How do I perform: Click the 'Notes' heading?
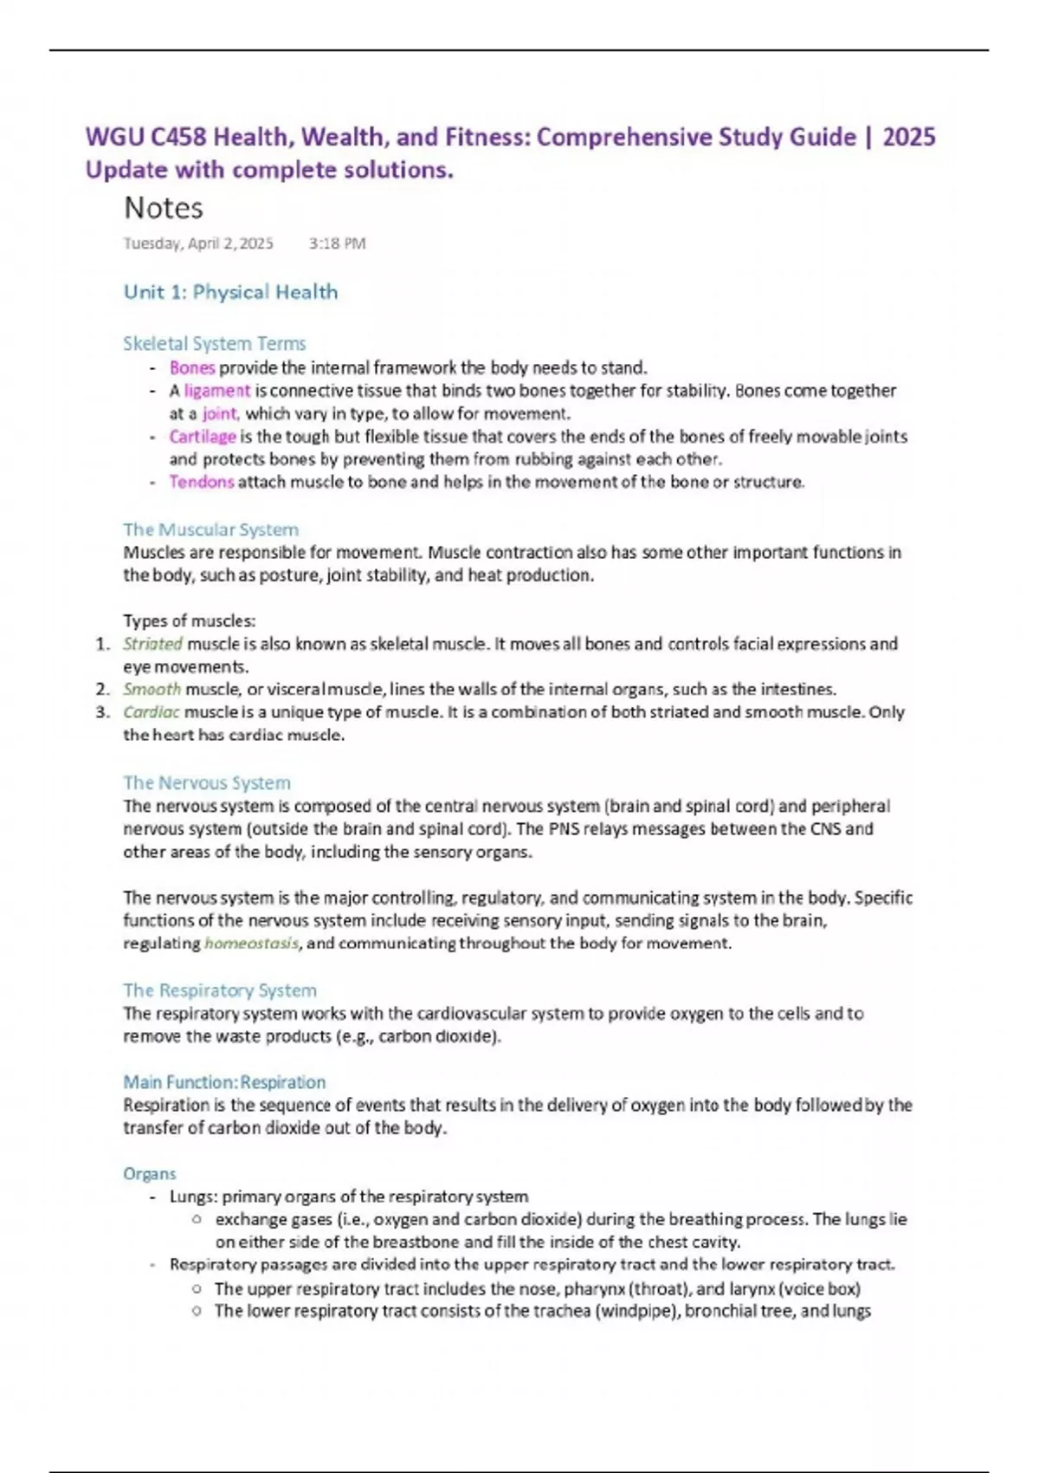click(164, 208)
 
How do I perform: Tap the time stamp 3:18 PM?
click(337, 243)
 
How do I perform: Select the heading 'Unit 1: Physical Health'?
click(230, 292)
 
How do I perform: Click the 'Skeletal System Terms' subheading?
click(214, 343)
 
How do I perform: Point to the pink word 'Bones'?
click(191, 367)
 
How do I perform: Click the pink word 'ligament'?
click(216, 391)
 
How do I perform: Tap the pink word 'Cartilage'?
click(203, 437)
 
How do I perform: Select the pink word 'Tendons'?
click(201, 482)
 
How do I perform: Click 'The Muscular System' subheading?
click(210, 529)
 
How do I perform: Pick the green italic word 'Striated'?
click(152, 644)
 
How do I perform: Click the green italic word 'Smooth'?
click(152, 690)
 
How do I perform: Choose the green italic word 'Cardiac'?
click(152, 712)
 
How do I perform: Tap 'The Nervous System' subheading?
click(206, 783)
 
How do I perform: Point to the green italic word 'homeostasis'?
click(251, 944)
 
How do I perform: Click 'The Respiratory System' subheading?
click(219, 990)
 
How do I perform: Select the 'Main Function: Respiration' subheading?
click(224, 1082)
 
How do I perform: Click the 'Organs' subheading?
click(149, 1174)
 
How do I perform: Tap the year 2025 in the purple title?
click(908, 137)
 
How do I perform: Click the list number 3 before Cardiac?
click(102, 712)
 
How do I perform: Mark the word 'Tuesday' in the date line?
click(152, 243)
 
